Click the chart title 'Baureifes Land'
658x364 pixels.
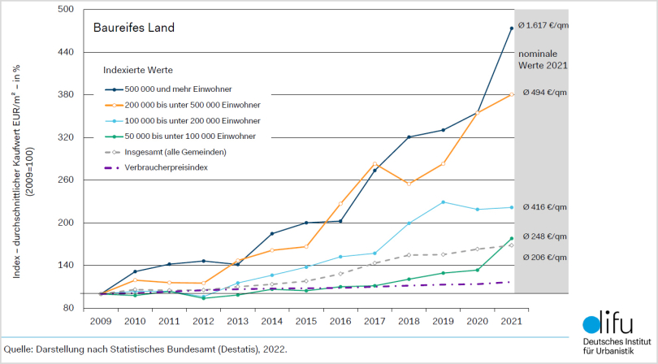(133, 28)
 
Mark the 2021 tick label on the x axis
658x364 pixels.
(511, 321)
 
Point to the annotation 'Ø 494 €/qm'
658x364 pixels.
(545, 93)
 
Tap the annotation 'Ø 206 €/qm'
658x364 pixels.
(545, 257)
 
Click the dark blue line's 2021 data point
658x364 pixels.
(511, 28)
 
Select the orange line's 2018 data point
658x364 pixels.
(409, 184)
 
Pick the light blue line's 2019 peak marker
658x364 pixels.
(443, 202)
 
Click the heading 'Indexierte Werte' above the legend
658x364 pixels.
(137, 70)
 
